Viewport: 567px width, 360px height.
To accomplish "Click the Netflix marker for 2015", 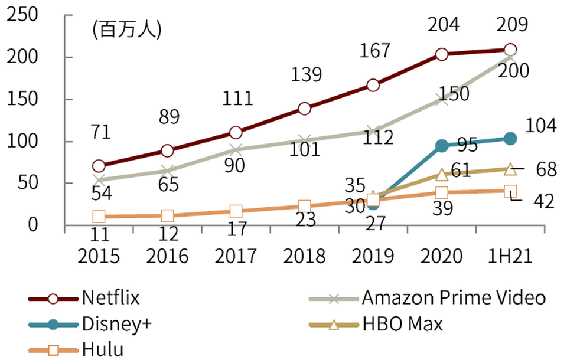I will point(99,166).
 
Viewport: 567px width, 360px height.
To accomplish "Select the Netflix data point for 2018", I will point(304,109).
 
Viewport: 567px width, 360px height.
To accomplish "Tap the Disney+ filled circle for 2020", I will point(441,146).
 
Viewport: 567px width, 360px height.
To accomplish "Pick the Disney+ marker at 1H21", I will point(510,139).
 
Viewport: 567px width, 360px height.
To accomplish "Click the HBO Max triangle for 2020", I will point(442,175).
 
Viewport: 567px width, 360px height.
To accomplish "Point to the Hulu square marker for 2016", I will point(167,216).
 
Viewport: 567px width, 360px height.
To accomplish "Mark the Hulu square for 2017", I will point(236,211).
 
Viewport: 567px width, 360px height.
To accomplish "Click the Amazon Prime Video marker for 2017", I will point(236,150).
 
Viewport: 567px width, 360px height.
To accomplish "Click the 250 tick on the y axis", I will point(22,16).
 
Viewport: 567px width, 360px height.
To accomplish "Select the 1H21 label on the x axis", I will point(510,256).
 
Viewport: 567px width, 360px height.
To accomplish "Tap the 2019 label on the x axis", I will point(373,256).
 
